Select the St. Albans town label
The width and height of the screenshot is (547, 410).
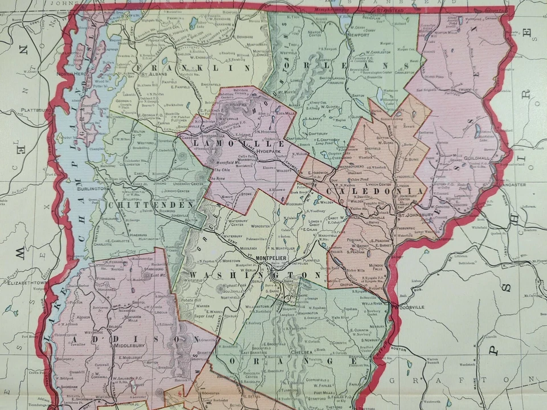(x=153, y=74)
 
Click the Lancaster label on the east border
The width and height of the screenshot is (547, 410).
(x=515, y=185)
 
